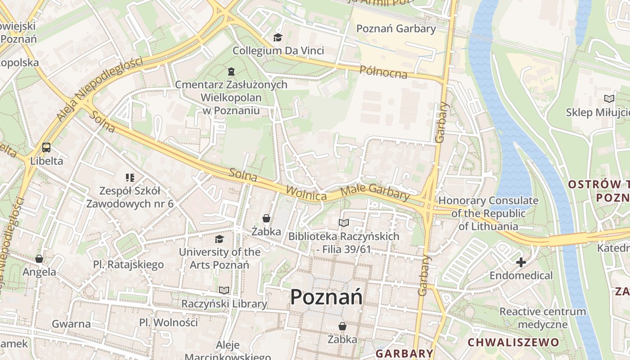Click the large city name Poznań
tap(326, 297)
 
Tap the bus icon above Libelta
tap(46, 148)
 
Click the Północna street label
tap(383, 72)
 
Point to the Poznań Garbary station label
tap(396, 29)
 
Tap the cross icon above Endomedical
tap(521, 262)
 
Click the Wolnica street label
tap(306, 193)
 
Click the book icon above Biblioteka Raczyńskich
tap(343, 223)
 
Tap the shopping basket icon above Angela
tap(39, 259)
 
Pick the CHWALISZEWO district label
tap(513, 342)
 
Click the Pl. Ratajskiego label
tap(128, 265)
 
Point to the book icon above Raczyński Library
tap(224, 290)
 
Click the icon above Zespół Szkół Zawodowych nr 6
tap(130, 178)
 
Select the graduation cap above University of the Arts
tap(219, 239)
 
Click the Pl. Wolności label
tap(168, 322)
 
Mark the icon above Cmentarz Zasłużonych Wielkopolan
tap(231, 71)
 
